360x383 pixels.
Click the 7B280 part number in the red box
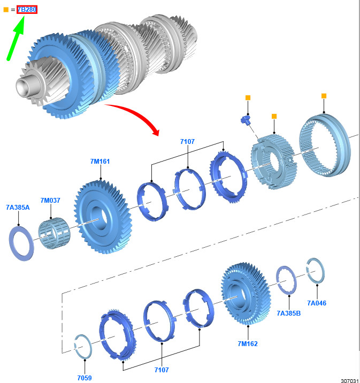point(27,10)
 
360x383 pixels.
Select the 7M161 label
point(100,162)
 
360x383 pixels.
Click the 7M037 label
point(50,200)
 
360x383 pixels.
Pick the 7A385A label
point(18,208)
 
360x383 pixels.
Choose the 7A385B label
point(289,313)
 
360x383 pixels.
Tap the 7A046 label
point(317,303)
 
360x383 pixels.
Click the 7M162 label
point(248,343)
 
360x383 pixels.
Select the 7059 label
point(85,378)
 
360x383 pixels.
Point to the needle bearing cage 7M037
point(54,233)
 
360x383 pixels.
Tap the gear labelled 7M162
point(246,294)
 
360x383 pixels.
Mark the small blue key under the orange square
point(246,120)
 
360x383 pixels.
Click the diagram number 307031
point(350,380)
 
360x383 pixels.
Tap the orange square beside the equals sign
point(6,10)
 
